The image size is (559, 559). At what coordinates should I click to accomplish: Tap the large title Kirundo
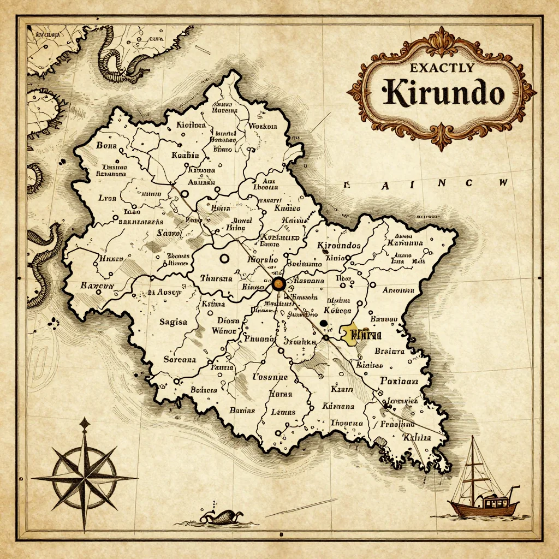point(443,93)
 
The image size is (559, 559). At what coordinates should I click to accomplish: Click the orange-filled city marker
point(278,284)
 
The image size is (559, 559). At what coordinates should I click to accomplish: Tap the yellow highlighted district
point(354,334)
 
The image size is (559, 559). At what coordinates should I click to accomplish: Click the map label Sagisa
point(173,322)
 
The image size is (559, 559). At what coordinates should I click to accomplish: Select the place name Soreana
point(180,360)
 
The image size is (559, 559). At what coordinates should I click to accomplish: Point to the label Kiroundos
point(338,245)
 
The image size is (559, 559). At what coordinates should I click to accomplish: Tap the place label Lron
point(107,199)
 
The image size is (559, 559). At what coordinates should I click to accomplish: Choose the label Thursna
point(216,278)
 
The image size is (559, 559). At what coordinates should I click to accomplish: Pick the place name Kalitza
point(416,437)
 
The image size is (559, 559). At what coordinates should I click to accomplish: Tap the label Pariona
point(399,381)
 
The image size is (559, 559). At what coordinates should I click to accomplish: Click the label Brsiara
point(390,352)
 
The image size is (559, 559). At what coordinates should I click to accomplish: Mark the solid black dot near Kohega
point(323,323)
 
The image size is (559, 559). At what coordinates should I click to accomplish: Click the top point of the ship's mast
point(473,437)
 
